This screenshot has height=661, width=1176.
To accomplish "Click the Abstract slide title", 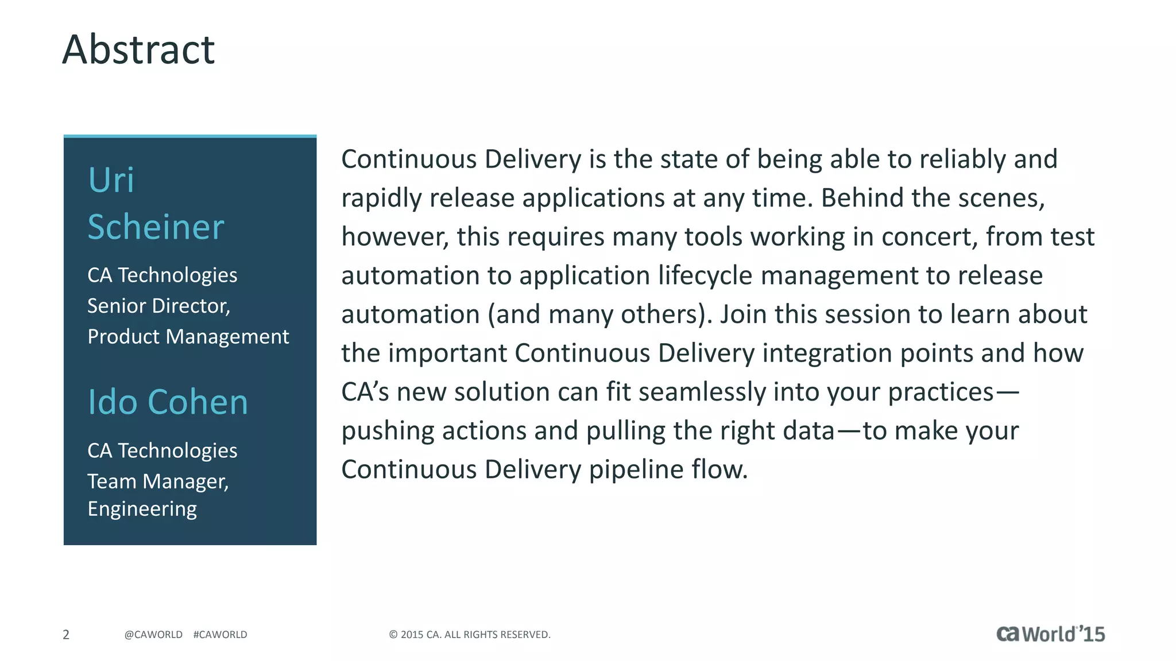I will click(x=138, y=50).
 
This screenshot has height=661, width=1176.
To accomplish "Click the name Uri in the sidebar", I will click(x=111, y=180).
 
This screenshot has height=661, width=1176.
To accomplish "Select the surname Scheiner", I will click(x=156, y=227).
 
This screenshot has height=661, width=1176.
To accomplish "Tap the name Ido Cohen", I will click(x=168, y=402).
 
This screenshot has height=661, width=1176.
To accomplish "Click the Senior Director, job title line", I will click(x=159, y=306).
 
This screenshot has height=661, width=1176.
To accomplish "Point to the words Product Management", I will click(x=188, y=336).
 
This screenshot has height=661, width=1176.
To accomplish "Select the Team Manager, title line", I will click(x=158, y=481).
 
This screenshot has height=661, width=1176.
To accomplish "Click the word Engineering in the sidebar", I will click(x=142, y=509).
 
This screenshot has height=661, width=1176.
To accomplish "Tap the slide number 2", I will click(x=66, y=635).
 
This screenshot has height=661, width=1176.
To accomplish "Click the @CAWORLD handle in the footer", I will click(x=153, y=635).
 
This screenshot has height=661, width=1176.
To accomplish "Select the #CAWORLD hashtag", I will click(x=220, y=635).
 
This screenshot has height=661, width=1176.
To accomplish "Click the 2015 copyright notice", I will click(x=470, y=635).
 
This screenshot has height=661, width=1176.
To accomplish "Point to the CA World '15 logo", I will click(x=1050, y=634).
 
